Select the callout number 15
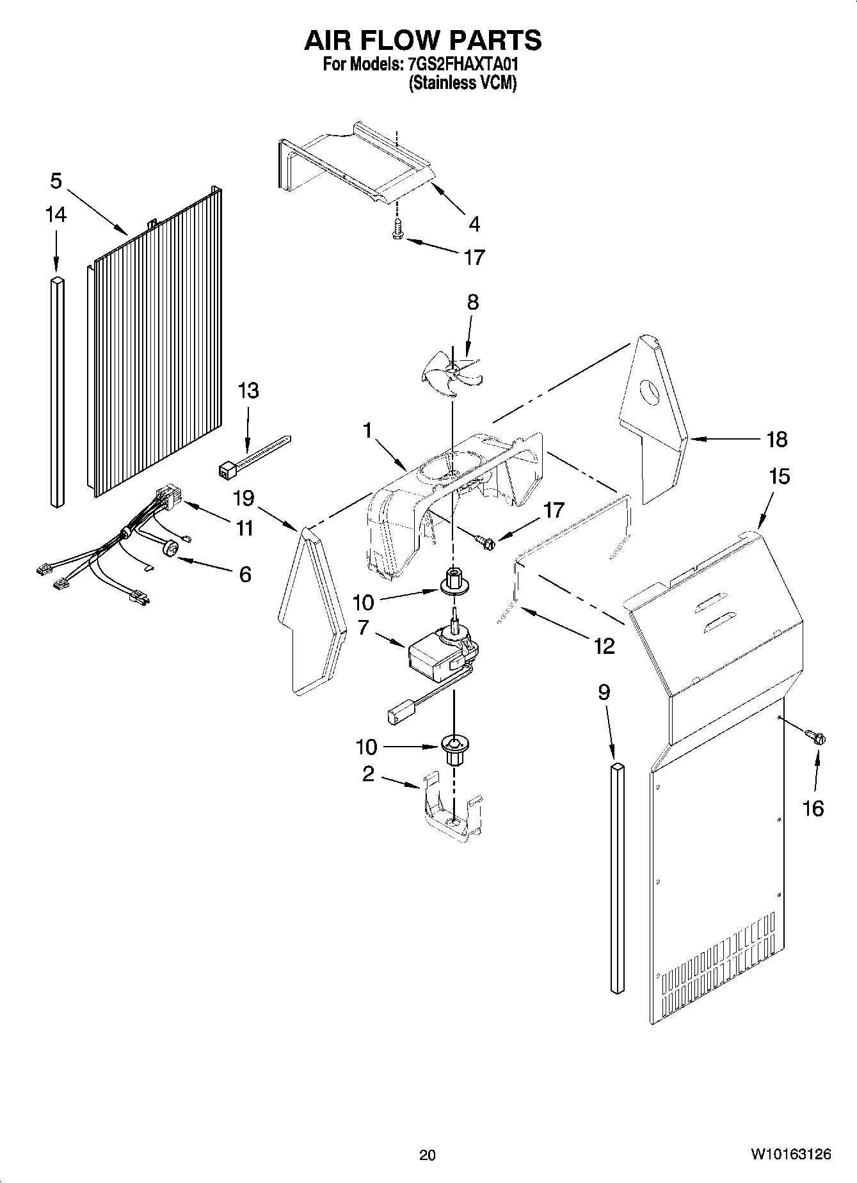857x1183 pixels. coord(780,476)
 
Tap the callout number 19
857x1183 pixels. coord(244,498)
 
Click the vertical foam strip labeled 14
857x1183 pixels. coord(58,392)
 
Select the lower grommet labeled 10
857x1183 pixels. coord(453,749)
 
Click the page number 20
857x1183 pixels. coord(428,1154)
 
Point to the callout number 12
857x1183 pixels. coord(604,646)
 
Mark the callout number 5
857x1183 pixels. coord(56,181)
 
